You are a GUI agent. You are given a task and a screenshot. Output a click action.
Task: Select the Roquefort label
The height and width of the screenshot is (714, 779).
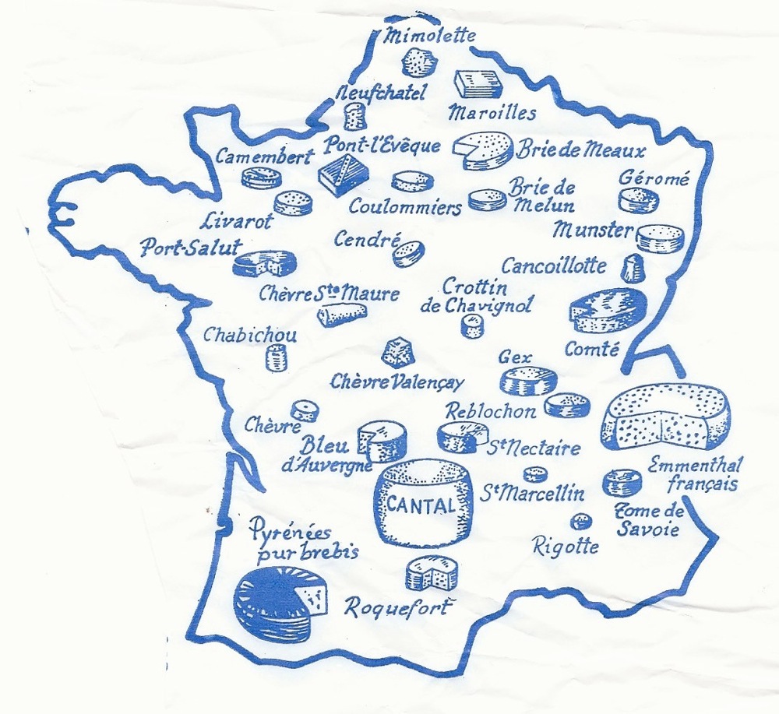coord(397,607)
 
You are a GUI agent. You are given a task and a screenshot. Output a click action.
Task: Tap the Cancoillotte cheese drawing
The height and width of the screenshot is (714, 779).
coord(633,268)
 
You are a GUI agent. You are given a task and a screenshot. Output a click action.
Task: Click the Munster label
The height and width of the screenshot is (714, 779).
coord(592,230)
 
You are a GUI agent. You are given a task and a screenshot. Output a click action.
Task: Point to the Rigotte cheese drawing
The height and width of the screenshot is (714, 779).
coord(580,521)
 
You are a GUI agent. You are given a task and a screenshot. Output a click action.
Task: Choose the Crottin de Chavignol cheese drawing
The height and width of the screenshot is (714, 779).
coord(472,326)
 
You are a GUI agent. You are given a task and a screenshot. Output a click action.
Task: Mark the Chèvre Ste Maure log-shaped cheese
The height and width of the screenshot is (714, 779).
coord(341,314)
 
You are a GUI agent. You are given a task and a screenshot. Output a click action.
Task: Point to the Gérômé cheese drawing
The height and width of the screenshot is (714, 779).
coord(638,201)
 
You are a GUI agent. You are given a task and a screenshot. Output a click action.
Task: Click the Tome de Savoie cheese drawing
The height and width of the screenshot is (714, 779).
coord(622,482)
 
